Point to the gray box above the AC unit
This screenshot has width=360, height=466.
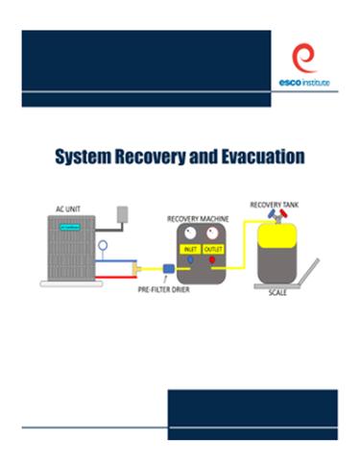click(x=122, y=214)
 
